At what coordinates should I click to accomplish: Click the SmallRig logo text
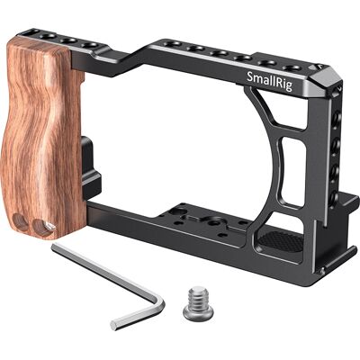coord(269,80)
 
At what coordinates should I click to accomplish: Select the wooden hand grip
coord(42,138)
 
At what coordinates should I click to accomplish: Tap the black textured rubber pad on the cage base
coord(281,241)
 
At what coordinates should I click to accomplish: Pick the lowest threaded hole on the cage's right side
coord(334,196)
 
